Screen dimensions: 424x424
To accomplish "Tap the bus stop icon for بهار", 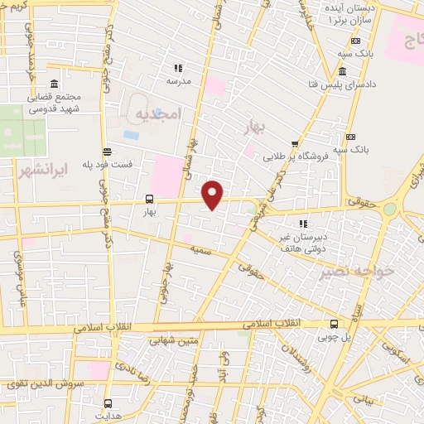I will [150, 199].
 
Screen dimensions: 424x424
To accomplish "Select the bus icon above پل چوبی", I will [334, 324].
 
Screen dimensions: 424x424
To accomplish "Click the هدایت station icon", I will [108, 403].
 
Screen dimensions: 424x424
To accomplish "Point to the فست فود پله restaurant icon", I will [108, 151].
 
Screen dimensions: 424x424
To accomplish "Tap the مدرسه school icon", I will [176, 68].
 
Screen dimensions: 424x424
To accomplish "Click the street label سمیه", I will [199, 248].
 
